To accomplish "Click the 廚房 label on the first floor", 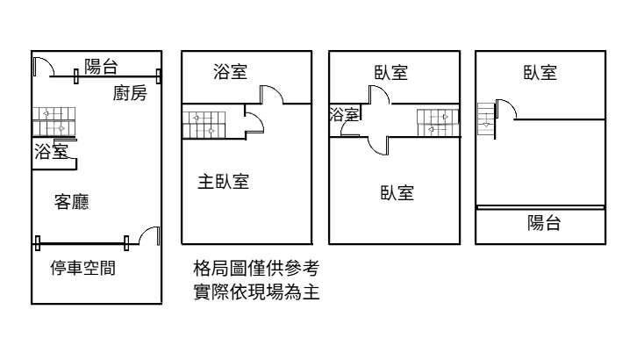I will pyautogui.click(x=130, y=94).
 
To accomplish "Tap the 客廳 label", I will pyautogui.click(x=71, y=202).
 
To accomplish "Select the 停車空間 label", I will pyautogui.click(x=82, y=267).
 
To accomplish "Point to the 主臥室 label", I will pyautogui.click(x=223, y=182).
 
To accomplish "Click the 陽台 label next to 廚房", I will pyautogui.click(x=102, y=65).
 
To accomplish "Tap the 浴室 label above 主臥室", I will pyautogui.click(x=230, y=72).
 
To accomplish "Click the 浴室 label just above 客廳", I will pyautogui.click(x=51, y=151).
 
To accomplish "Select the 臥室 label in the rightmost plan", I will pyautogui.click(x=540, y=72).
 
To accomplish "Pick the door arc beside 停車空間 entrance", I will pyautogui.click(x=149, y=234).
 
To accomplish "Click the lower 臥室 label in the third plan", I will pyautogui.click(x=397, y=192).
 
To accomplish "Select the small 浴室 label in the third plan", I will pyautogui.click(x=344, y=114).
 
